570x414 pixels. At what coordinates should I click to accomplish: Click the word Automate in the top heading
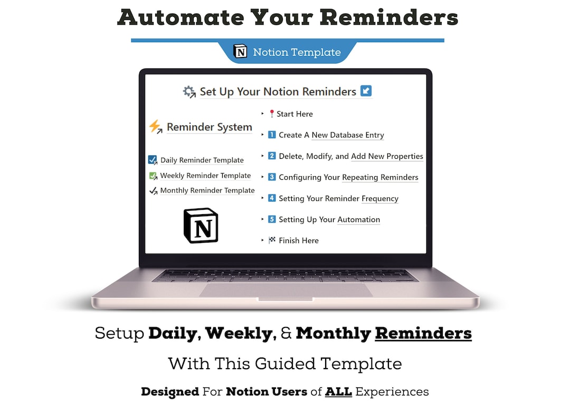pos(180,17)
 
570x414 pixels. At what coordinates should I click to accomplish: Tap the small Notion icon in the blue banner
pos(241,52)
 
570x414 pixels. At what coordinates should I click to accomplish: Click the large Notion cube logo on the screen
pos(201,225)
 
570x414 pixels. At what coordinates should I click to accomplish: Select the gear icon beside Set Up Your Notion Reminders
pos(189,92)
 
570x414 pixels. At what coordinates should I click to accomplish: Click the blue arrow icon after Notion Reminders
pos(366,91)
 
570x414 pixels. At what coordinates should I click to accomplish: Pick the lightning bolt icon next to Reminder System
pos(155,127)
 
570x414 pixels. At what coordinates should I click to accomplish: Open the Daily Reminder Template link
pos(202,160)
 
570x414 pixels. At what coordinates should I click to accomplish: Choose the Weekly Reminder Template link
pos(205,176)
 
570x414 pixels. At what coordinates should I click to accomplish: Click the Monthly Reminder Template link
pos(207,190)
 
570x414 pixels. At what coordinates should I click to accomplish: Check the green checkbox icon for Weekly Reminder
pos(153,176)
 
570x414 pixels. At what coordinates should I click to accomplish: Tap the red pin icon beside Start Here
pos(272,114)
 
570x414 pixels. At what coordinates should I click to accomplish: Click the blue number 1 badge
pos(272,135)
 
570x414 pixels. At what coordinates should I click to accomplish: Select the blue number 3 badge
pos(272,177)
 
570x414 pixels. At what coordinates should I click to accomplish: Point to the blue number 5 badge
pos(272,219)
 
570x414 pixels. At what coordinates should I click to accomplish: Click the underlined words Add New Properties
pos(387,156)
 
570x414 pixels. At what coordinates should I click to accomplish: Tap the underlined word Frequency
pos(380,198)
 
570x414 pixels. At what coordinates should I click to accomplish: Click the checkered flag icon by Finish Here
pos(272,240)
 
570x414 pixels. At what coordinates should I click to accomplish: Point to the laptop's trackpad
pos(286,290)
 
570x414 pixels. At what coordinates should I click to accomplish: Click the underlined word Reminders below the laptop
pos(423,333)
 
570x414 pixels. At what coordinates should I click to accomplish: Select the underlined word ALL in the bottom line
pos(338,391)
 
